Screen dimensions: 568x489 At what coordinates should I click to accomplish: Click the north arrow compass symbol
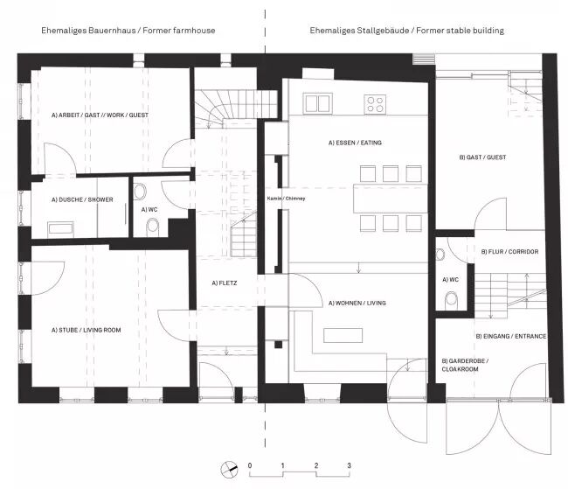(229, 470)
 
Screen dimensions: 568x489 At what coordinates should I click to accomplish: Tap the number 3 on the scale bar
(349, 465)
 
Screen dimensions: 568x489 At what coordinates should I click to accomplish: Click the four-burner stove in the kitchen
(375, 104)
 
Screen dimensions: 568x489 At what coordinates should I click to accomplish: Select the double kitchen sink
(318, 103)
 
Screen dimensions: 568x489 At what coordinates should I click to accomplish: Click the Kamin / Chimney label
(286, 199)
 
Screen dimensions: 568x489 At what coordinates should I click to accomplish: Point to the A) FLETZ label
(225, 283)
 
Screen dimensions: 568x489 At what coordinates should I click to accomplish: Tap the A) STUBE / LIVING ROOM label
(87, 330)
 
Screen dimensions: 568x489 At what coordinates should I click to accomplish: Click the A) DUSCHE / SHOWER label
(82, 199)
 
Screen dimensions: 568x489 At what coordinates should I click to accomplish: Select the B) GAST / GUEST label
(482, 157)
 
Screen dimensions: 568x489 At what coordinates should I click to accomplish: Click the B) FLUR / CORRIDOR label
(509, 251)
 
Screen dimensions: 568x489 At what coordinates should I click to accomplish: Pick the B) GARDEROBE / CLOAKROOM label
(465, 365)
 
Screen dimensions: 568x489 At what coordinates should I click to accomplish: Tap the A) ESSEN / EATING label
(355, 143)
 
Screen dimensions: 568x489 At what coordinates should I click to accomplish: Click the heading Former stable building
(460, 30)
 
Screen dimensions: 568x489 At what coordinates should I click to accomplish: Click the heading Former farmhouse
(179, 30)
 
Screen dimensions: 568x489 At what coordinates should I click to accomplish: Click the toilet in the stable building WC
(452, 301)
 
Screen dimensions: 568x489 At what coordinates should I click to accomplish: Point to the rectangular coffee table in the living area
(343, 335)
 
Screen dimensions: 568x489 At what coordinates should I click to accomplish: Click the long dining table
(391, 199)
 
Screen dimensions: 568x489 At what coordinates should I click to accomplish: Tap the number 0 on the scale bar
(250, 465)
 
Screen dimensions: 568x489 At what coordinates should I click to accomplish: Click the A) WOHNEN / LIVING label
(357, 303)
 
